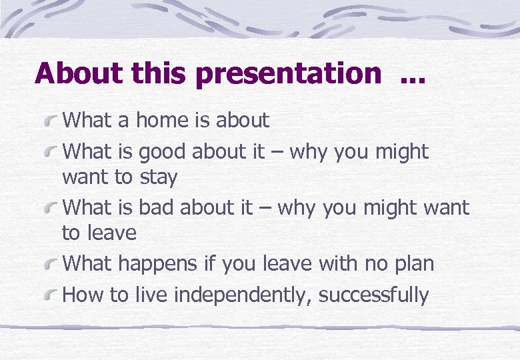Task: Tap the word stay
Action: pyautogui.click(x=159, y=178)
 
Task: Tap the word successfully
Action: pyautogui.click(x=373, y=295)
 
